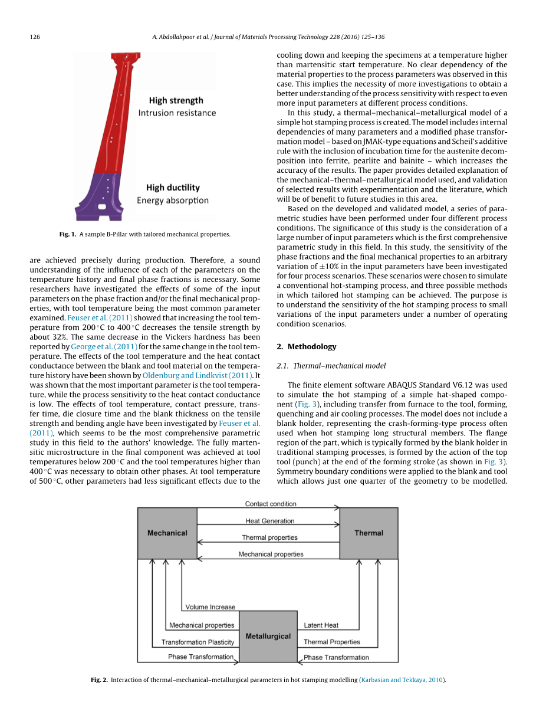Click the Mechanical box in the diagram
click(167, 533)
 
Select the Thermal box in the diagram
click(369, 533)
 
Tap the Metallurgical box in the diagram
click(268, 636)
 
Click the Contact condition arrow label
click(271, 504)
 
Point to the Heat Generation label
click(270, 521)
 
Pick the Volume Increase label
click(210, 607)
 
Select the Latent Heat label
click(321, 625)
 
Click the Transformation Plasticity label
click(198, 642)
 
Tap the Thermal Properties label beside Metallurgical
click(332, 642)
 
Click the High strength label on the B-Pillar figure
click(176, 100)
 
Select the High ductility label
click(173, 188)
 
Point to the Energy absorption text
click(173, 201)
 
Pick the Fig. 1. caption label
click(68, 234)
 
